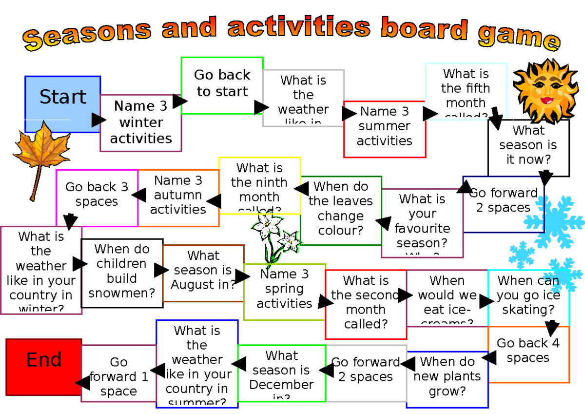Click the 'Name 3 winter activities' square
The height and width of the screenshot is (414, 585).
click(x=141, y=123)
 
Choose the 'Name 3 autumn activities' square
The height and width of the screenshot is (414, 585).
click(x=178, y=196)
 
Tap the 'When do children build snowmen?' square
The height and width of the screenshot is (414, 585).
click(x=122, y=272)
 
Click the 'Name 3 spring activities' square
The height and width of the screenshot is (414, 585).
click(x=284, y=291)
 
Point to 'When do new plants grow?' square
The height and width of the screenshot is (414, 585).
click(x=447, y=378)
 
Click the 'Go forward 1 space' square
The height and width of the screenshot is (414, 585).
click(x=118, y=376)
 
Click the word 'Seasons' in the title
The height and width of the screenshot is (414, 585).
click(x=88, y=34)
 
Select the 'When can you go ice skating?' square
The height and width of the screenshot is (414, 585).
click(x=528, y=296)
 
